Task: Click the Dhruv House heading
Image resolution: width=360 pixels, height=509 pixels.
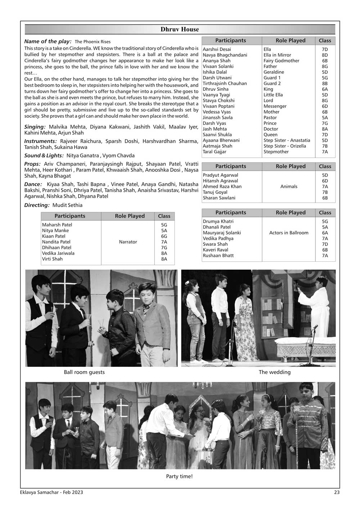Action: pyautogui.click(x=180, y=30)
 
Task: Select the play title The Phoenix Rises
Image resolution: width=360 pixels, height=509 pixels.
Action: pyautogui.click(x=93, y=42)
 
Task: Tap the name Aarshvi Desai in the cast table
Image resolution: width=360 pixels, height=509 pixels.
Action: pyautogui.click(x=217, y=49)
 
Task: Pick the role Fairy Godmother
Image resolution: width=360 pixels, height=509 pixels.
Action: pyautogui.click(x=281, y=61)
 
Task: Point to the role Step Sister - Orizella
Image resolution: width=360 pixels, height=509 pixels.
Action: pyautogui.click(x=284, y=146)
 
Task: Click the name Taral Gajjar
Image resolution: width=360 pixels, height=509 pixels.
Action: pyautogui.click(x=214, y=152)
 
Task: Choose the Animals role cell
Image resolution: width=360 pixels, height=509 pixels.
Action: pyautogui.click(x=289, y=186)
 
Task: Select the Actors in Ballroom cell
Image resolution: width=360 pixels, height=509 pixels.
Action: pyautogui.click(x=289, y=233)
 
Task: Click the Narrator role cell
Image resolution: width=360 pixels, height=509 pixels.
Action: pyautogui.click(x=128, y=242)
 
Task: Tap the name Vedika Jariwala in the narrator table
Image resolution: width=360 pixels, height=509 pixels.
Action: pyautogui.click(x=58, y=253)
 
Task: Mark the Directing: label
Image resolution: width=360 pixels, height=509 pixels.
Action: pyautogui.click(x=37, y=205)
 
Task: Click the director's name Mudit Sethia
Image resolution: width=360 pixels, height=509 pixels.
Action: pyautogui.click(x=67, y=205)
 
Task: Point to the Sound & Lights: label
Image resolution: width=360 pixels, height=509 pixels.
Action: pyautogui.click(x=44, y=156)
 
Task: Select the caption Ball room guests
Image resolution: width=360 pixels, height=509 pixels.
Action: pyautogui.click(x=84, y=372)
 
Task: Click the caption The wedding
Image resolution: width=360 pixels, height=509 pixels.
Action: pyautogui.click(x=274, y=372)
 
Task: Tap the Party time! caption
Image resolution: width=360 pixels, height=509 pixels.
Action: pyautogui.click(x=179, y=477)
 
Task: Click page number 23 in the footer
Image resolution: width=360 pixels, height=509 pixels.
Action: pyautogui.click(x=336, y=492)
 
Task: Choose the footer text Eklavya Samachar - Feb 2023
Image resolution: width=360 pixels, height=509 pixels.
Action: pyautogui.click(x=51, y=492)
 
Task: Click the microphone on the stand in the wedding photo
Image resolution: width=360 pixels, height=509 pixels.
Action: pyautogui.click(x=315, y=327)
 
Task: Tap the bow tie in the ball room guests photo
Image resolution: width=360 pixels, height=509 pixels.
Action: pyautogui.click(x=146, y=309)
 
